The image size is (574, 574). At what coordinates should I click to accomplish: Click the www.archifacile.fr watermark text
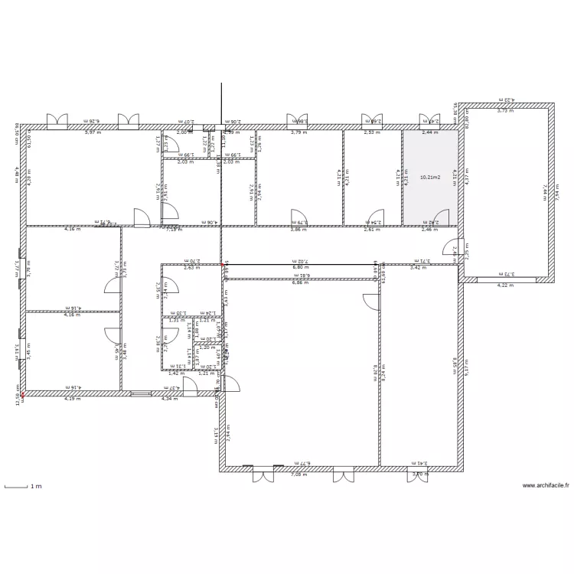pos(546,485)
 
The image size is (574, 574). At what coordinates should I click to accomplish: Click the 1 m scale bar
pos(22,486)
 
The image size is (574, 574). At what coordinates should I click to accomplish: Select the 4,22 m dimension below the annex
pos(506,285)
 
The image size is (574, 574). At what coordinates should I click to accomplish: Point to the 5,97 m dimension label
pos(93,132)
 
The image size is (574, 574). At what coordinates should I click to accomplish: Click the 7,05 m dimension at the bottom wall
pos(297,475)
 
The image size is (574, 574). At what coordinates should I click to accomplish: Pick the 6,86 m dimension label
pos(302,283)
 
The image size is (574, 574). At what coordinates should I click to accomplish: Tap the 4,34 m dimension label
pos(169,399)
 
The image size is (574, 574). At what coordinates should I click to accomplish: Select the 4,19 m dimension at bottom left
pos(72,399)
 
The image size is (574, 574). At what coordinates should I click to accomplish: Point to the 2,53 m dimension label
pos(372,132)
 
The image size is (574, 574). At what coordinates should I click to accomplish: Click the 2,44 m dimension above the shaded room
pos(431,132)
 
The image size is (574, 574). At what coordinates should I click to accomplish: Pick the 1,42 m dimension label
pos(176,373)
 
